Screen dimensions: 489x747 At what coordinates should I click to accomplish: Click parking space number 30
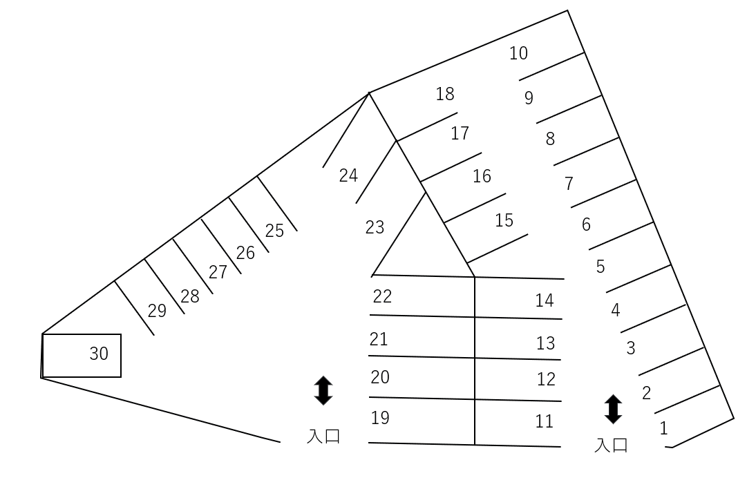pyautogui.click(x=99, y=354)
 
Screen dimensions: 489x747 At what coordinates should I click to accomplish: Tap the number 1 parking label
pyautogui.click(x=663, y=428)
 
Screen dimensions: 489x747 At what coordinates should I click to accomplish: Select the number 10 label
pyautogui.click(x=518, y=53)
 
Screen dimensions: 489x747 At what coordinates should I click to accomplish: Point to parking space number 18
pyautogui.click(x=445, y=94)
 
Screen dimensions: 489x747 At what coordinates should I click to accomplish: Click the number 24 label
pyautogui.click(x=348, y=175)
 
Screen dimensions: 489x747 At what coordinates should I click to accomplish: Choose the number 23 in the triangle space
pyautogui.click(x=375, y=227)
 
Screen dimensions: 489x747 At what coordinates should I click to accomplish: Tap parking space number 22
pyautogui.click(x=382, y=296)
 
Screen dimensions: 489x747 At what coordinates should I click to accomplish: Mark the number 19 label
pyautogui.click(x=380, y=418)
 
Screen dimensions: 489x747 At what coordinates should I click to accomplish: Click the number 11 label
pyautogui.click(x=545, y=421)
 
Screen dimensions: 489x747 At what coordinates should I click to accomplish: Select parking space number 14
pyautogui.click(x=545, y=300)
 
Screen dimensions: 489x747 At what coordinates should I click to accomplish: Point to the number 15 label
pyautogui.click(x=504, y=220)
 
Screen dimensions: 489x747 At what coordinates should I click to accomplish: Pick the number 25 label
pyautogui.click(x=274, y=231)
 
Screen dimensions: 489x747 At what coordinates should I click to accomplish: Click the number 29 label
pyautogui.click(x=157, y=311)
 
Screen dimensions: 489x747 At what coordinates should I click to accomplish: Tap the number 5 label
pyautogui.click(x=601, y=267)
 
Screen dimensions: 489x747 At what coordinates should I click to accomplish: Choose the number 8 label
pyautogui.click(x=550, y=139)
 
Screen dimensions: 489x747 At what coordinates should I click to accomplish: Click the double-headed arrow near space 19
pyautogui.click(x=323, y=390)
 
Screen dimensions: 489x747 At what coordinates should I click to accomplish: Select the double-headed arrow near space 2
pyautogui.click(x=613, y=409)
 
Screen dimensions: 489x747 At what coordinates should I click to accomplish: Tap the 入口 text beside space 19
pyautogui.click(x=323, y=437)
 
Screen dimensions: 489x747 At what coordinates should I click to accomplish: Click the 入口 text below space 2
pyautogui.click(x=611, y=445)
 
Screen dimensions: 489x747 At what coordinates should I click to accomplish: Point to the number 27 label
pyautogui.click(x=218, y=272)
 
